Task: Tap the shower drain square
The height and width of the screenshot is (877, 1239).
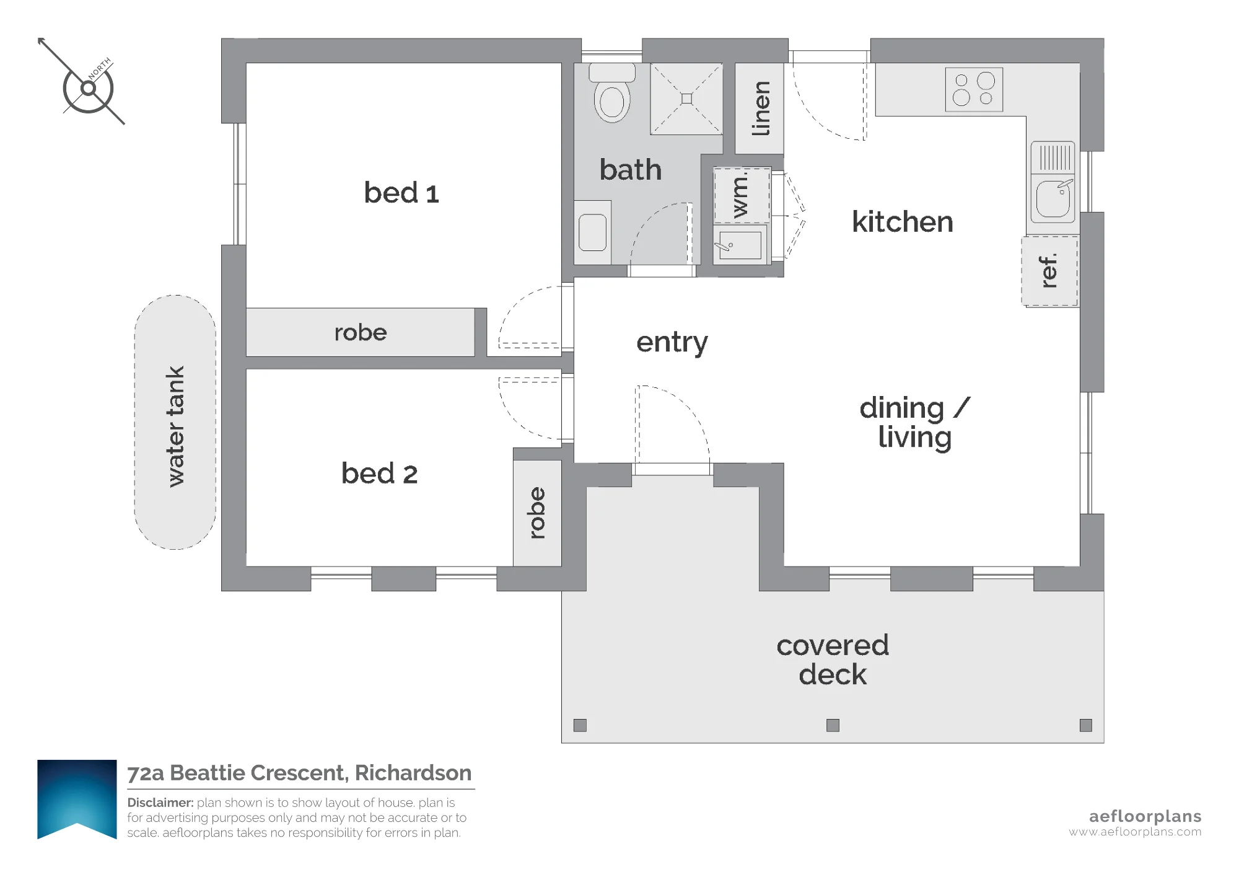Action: [686, 99]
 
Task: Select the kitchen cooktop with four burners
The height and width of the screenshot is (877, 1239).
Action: [974, 90]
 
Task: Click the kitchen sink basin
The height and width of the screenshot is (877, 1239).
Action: [1053, 198]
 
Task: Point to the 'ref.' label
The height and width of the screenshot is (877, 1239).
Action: [1048, 271]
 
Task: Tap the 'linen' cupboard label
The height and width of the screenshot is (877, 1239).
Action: [760, 108]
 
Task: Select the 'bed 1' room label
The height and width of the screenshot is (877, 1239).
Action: [401, 193]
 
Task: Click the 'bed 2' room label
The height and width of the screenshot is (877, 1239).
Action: [380, 474]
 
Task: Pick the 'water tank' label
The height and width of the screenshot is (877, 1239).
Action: [175, 426]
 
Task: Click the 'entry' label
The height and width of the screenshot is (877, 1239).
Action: [672, 342]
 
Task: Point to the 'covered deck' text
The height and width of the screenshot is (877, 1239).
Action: [833, 660]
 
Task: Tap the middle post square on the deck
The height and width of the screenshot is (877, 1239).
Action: [833, 725]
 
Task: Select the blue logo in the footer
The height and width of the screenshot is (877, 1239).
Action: [77, 800]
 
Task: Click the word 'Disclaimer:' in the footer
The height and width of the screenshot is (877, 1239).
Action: [160, 803]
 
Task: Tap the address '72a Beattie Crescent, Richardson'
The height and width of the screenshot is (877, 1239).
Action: [299, 773]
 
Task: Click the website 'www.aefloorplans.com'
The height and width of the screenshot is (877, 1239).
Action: [1135, 832]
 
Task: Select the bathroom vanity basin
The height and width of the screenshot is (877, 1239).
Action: [592, 232]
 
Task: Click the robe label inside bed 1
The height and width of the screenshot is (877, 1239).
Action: [361, 333]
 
